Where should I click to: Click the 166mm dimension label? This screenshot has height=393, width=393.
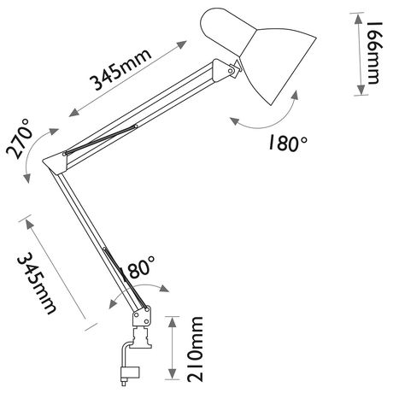(372, 53)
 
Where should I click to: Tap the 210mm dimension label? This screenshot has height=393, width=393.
(195, 349)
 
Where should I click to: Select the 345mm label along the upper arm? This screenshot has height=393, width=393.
(120, 70)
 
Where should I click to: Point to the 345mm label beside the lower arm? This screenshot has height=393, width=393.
(36, 283)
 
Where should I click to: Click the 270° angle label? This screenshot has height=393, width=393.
(19, 139)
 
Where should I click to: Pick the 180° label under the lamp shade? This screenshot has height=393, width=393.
(288, 143)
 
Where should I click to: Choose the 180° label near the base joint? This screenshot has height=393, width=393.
(138, 267)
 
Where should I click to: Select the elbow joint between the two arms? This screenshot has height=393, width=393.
(56, 162)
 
